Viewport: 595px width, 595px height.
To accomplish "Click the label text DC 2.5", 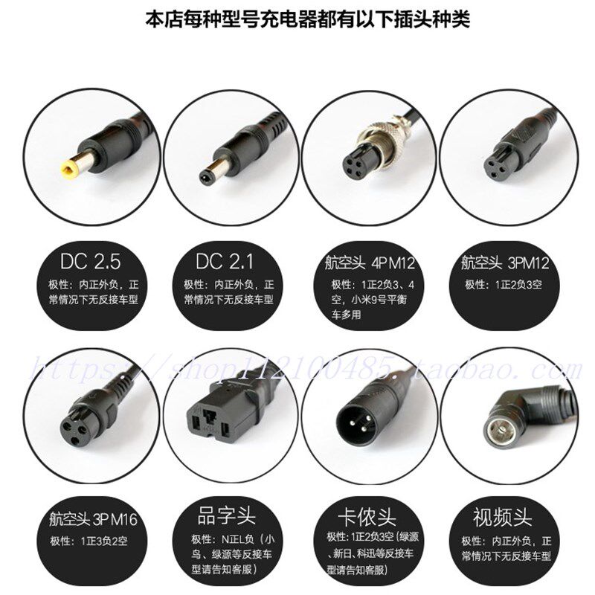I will tap(91, 262).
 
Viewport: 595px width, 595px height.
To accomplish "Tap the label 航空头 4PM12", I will tap(369, 264).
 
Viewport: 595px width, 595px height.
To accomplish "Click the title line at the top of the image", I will tap(297, 18).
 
